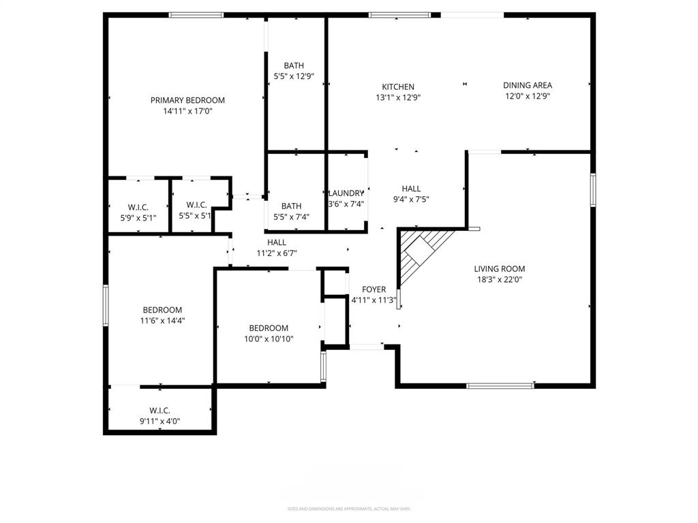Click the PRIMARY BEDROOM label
(x=187, y=100)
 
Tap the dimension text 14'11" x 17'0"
(x=187, y=111)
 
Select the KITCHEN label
(x=398, y=86)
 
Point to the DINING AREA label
(x=528, y=85)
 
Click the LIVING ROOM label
(x=500, y=268)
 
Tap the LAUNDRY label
(x=346, y=193)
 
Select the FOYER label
(x=374, y=289)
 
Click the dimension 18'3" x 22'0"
(x=500, y=279)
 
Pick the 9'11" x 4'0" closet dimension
(x=160, y=421)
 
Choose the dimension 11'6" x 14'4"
(x=162, y=321)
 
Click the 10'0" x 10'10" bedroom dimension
(x=269, y=338)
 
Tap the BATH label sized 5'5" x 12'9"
(x=294, y=65)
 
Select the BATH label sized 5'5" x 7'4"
(x=292, y=206)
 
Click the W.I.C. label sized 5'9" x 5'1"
(x=138, y=207)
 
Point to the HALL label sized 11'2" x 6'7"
(x=277, y=242)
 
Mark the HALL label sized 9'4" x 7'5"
(x=411, y=189)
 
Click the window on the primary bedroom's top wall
(x=196, y=14)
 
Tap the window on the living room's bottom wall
(x=500, y=386)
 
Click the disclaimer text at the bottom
(x=348, y=509)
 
